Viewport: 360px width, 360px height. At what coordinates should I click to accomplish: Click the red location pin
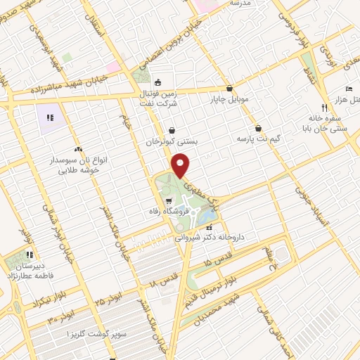[181, 165]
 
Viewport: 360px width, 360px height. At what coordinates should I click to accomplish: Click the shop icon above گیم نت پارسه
[259, 129]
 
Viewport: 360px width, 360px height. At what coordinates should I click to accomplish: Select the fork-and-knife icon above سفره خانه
[324, 108]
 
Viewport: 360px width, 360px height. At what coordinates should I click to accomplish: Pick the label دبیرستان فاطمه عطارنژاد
[26, 271]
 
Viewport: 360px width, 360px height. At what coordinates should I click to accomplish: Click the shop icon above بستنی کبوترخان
[172, 130]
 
